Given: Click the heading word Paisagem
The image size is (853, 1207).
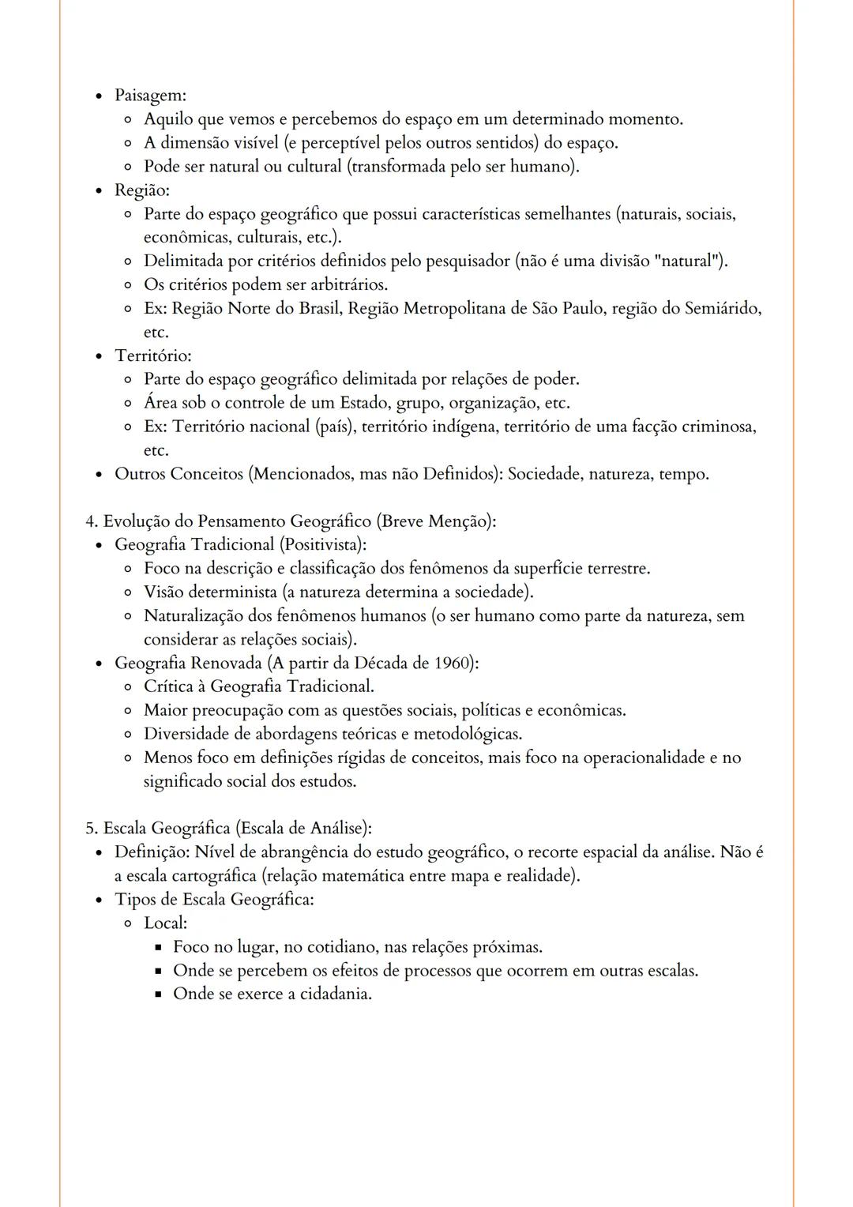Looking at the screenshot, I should point(149,96).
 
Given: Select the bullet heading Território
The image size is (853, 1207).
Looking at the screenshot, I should point(152,355).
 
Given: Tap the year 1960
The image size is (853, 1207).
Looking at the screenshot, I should point(452,663).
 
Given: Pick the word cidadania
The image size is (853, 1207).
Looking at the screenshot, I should point(334,994).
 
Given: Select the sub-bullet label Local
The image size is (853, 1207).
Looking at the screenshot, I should point(164,923).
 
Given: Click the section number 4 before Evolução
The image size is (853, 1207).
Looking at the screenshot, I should point(91,521).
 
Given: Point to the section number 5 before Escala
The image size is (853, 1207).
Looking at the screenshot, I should point(91,828).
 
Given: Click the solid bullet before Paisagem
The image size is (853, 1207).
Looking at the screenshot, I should point(99,96).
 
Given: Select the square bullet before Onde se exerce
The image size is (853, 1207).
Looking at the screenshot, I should point(158,995).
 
